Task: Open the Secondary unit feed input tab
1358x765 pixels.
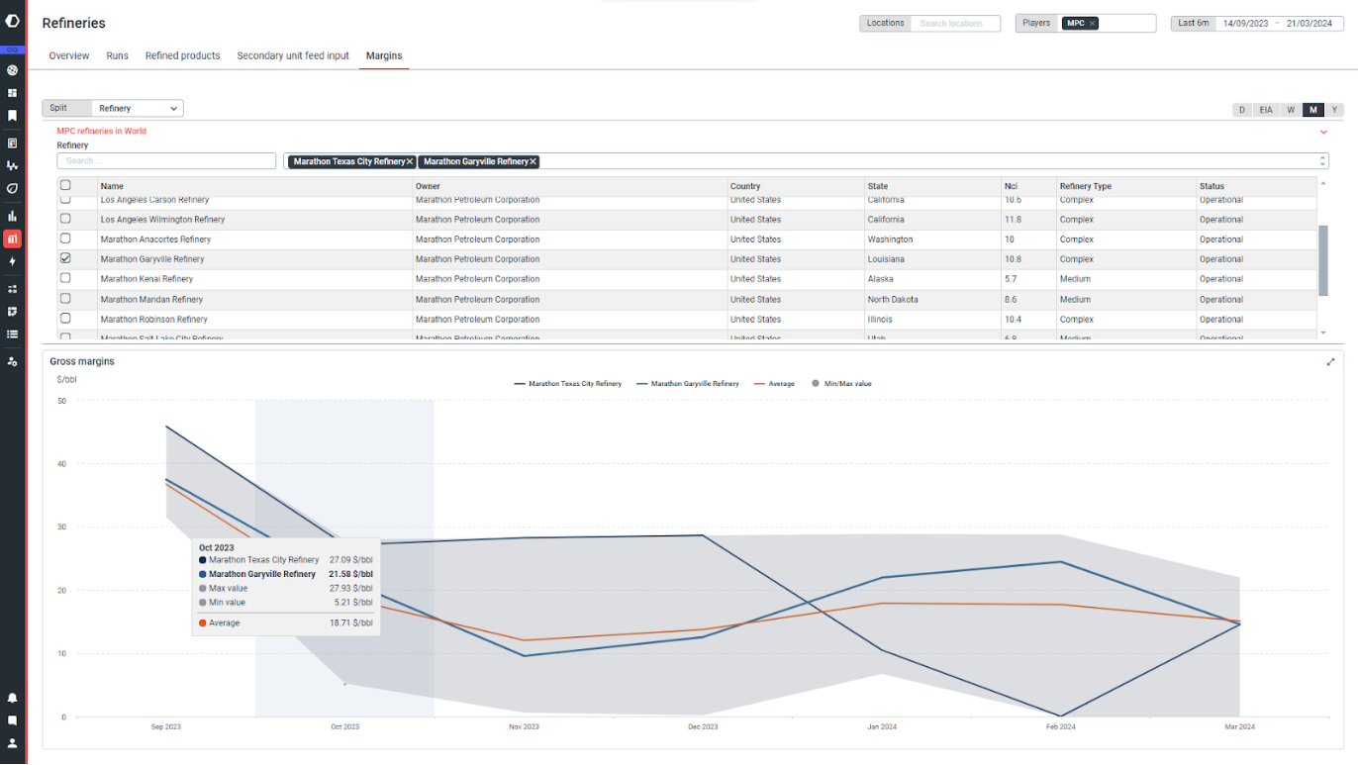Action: (293, 56)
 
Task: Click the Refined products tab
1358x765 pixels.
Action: (182, 56)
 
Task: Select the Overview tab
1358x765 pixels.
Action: (69, 56)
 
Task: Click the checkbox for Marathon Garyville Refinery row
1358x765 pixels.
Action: (65, 258)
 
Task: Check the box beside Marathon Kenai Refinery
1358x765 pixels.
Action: (65, 278)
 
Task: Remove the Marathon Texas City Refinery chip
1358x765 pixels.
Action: (410, 161)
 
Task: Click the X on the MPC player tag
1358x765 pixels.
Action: (1093, 24)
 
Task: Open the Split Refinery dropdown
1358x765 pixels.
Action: (137, 109)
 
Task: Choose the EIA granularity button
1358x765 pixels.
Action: (1266, 110)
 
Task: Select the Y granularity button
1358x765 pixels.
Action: (1334, 110)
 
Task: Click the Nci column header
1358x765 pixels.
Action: (1011, 186)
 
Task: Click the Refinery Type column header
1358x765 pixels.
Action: (1085, 186)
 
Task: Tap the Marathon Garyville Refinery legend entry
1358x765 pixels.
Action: (694, 384)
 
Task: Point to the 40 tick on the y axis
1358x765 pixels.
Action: (61, 464)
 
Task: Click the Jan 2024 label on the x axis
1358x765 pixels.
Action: (881, 727)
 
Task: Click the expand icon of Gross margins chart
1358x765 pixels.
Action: (1331, 362)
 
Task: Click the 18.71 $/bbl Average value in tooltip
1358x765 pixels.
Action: (351, 623)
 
